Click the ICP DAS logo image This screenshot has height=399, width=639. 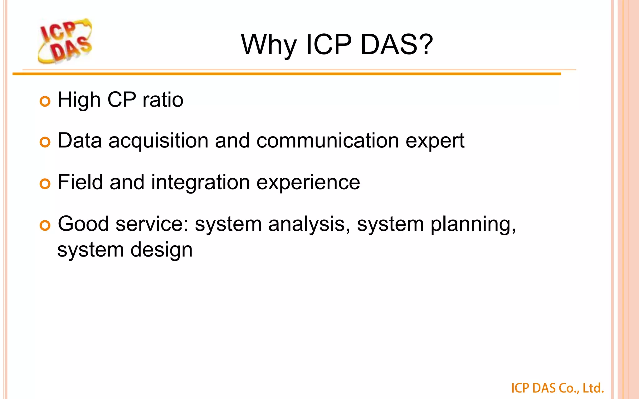pos(65,41)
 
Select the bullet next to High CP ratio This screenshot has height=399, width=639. pos(45,102)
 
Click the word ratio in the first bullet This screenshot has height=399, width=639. pos(163,100)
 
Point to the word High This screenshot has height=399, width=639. pos(79,101)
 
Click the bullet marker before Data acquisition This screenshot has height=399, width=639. pos(45,142)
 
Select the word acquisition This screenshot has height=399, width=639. pos(159,141)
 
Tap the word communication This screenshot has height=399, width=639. pos(328,141)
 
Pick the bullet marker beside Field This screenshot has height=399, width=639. pos(45,184)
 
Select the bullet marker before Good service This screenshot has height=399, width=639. pos(45,225)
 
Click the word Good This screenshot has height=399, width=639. pos(83,224)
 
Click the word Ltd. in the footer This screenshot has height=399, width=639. pos(593,388)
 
